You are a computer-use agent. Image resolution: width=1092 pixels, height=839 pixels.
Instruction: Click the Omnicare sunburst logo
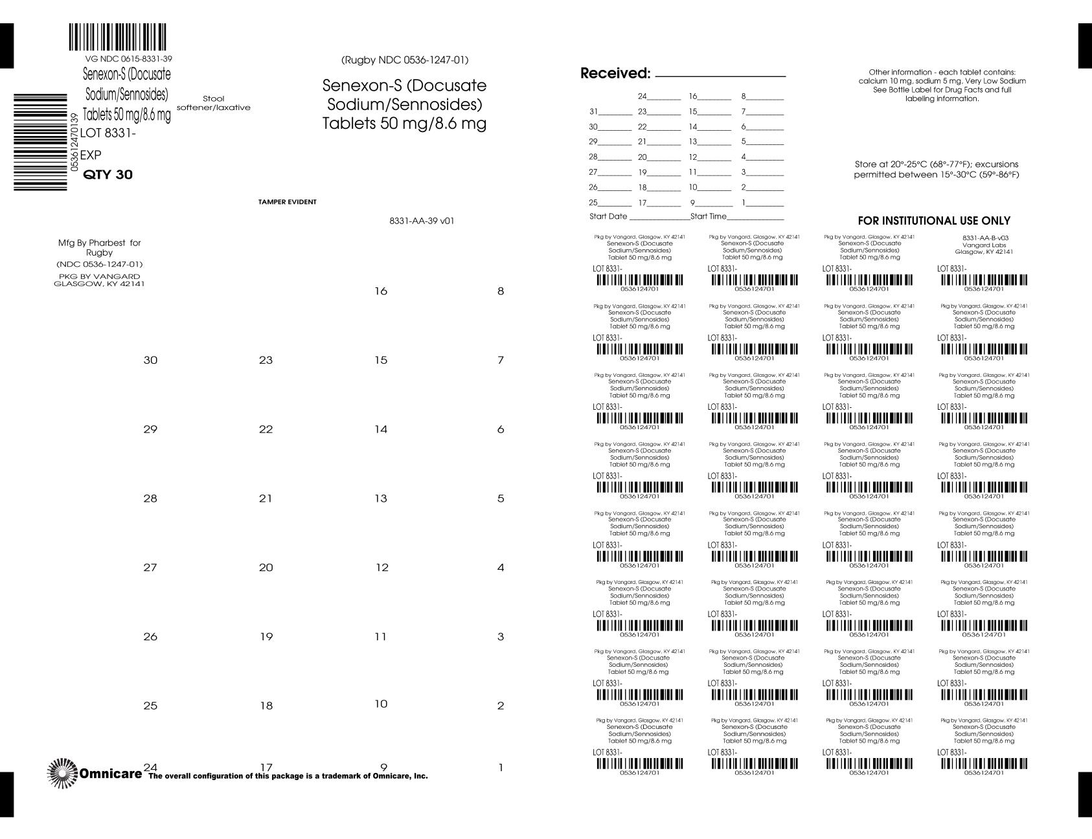[62, 773]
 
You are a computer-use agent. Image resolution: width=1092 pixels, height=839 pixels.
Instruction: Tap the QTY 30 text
[108, 175]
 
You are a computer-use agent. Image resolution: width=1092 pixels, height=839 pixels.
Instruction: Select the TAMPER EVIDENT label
[288, 202]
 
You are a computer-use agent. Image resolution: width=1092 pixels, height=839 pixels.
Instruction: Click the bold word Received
[615, 73]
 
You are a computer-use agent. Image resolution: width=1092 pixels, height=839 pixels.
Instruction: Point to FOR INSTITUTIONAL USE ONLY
[934, 221]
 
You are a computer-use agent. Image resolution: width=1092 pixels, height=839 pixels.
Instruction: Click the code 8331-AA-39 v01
[422, 221]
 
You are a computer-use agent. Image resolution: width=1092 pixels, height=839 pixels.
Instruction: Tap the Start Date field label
[608, 216]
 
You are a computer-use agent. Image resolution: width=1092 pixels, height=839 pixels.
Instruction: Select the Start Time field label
[709, 216]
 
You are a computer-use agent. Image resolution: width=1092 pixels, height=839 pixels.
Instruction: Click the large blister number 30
[150, 360]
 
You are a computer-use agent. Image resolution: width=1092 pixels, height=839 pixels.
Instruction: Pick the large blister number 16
[381, 291]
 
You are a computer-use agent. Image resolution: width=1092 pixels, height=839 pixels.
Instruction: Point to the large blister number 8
[500, 291]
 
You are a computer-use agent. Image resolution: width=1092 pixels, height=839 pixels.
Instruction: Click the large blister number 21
[266, 498]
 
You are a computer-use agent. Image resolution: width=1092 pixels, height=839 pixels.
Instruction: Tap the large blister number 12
[382, 568]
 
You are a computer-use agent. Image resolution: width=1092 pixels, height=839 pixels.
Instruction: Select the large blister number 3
[500, 637]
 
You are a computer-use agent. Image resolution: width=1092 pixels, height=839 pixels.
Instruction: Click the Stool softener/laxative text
[213, 103]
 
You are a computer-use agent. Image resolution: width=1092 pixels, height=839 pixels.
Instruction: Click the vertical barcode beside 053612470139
[40, 142]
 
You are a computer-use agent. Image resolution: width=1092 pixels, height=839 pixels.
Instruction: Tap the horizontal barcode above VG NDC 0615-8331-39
[117, 38]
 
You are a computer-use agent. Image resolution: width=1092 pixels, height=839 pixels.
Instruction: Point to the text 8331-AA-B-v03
[985, 238]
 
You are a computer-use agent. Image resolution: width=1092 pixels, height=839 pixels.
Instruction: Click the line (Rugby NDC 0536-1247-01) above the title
[405, 60]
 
